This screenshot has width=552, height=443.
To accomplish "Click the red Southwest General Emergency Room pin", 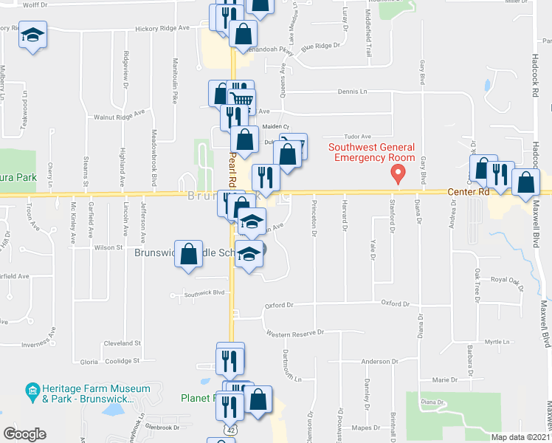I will point(399,175).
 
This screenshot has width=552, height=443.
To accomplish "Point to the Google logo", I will point(24,433).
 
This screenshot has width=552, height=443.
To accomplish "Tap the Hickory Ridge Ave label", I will point(162,28).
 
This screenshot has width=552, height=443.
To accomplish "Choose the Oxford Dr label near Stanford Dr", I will point(395,303).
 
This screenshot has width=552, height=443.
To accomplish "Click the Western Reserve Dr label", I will point(295,333).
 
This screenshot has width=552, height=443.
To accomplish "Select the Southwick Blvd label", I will point(204,293).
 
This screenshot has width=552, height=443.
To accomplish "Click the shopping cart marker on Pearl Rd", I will point(242,100).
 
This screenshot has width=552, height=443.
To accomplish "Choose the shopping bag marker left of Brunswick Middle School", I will point(189,253).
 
